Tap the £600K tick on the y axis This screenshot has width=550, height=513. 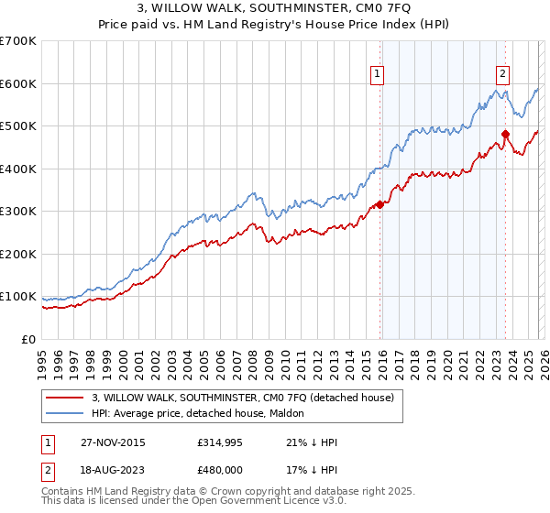point(18,83)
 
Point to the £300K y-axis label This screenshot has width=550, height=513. point(18,212)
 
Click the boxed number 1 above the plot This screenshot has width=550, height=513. point(378,76)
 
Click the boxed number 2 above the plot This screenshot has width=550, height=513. point(503,76)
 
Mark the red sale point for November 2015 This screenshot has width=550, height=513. point(379,204)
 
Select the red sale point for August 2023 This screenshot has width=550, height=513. point(505,135)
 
